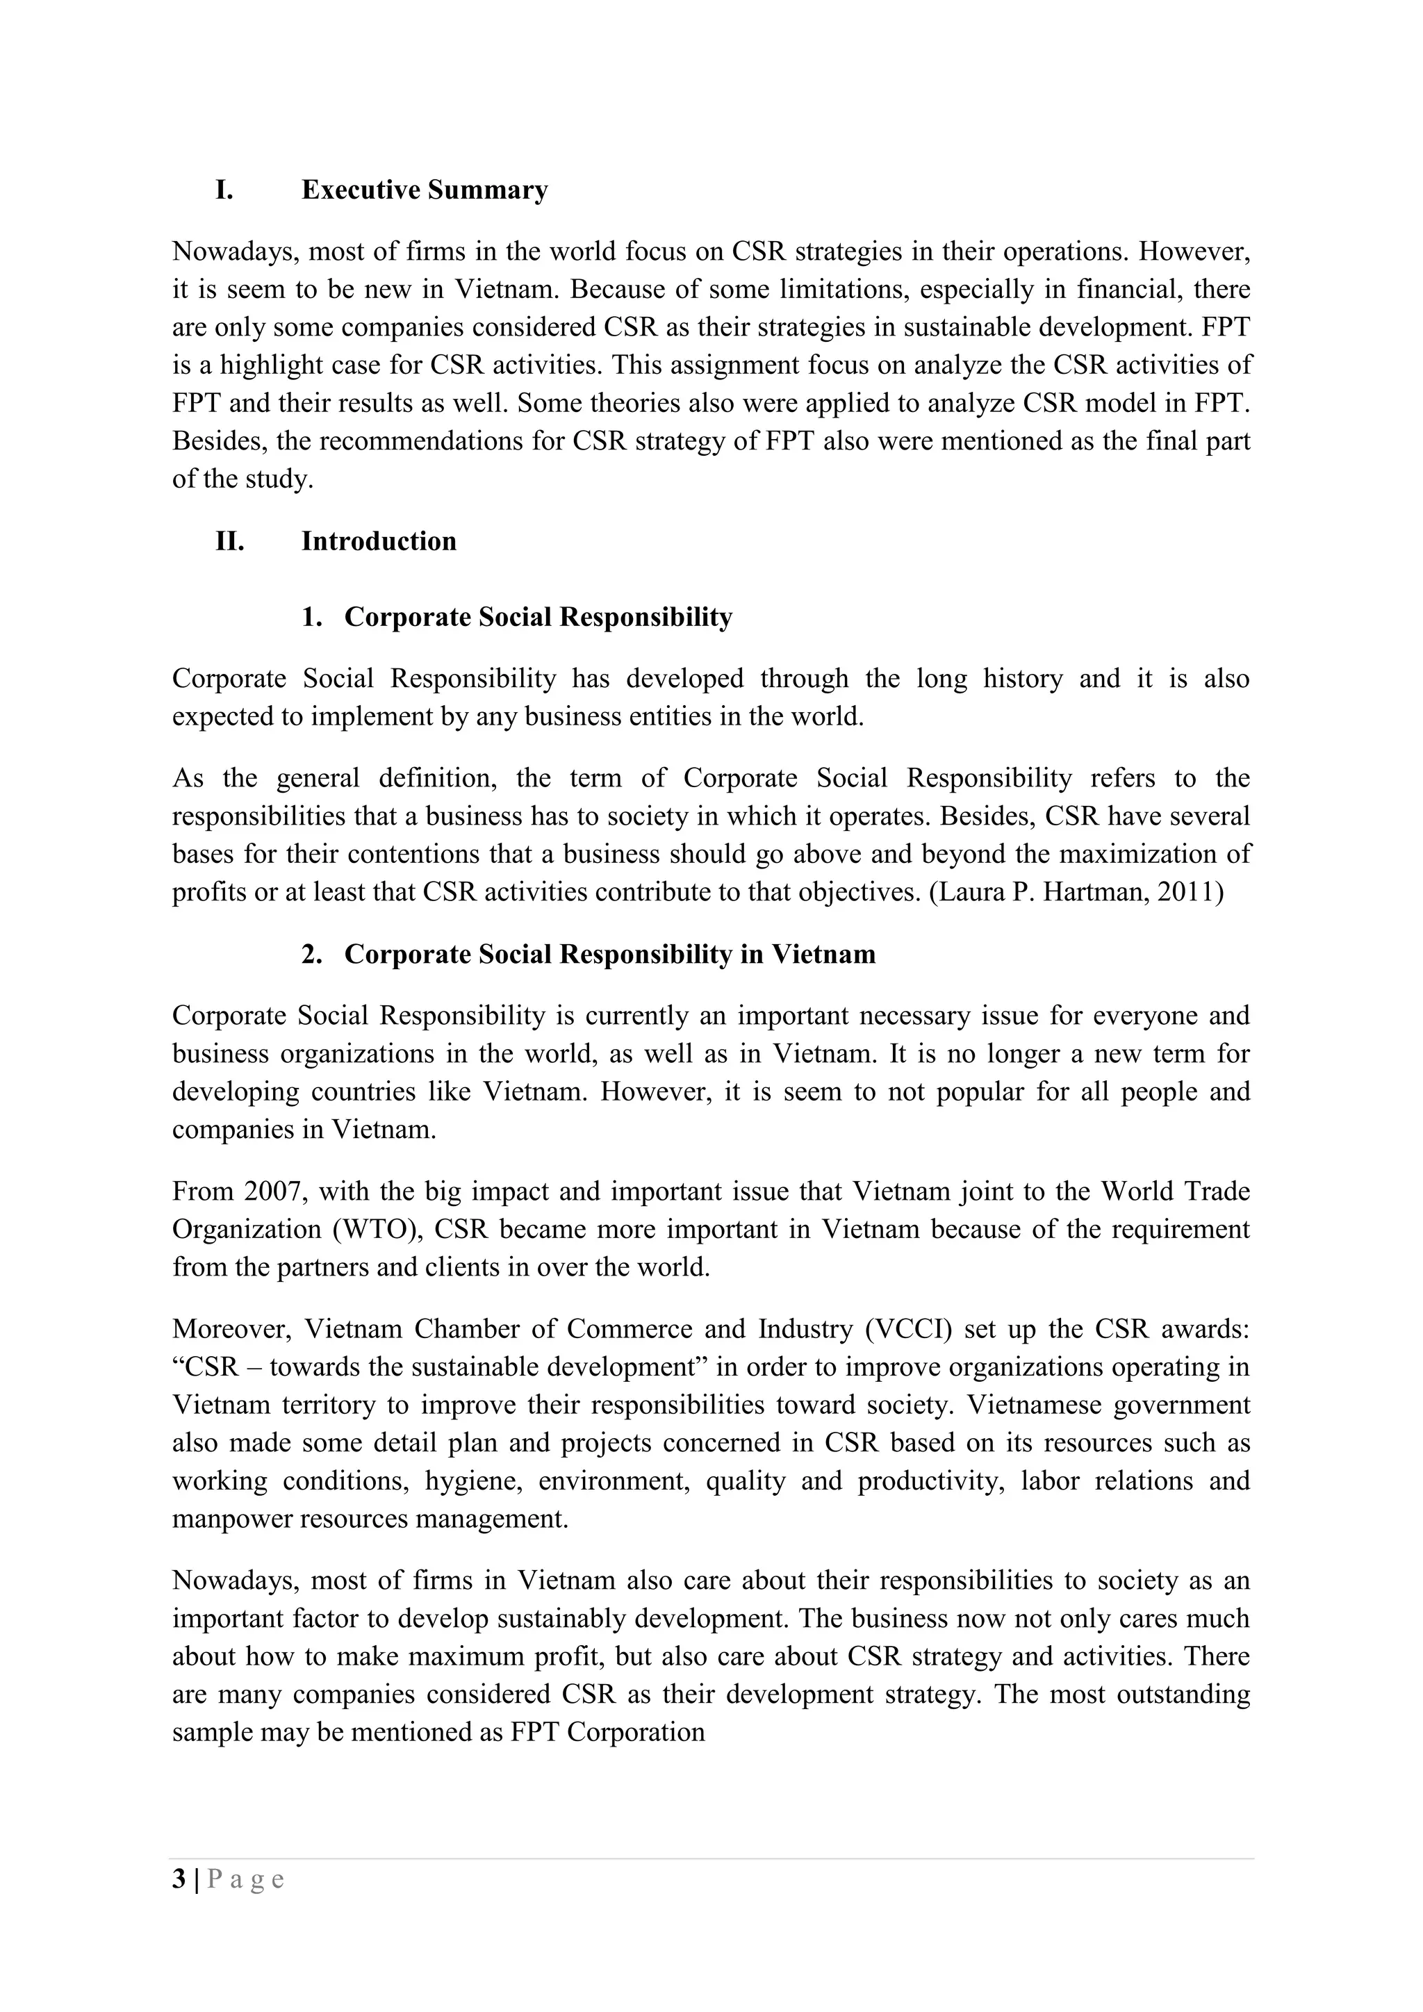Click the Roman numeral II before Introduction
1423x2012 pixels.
click(229, 541)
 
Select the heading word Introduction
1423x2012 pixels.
click(379, 541)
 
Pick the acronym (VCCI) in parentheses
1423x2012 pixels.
click(907, 1329)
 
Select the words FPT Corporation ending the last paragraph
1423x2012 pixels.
click(608, 1733)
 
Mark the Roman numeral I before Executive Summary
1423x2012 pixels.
click(224, 190)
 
